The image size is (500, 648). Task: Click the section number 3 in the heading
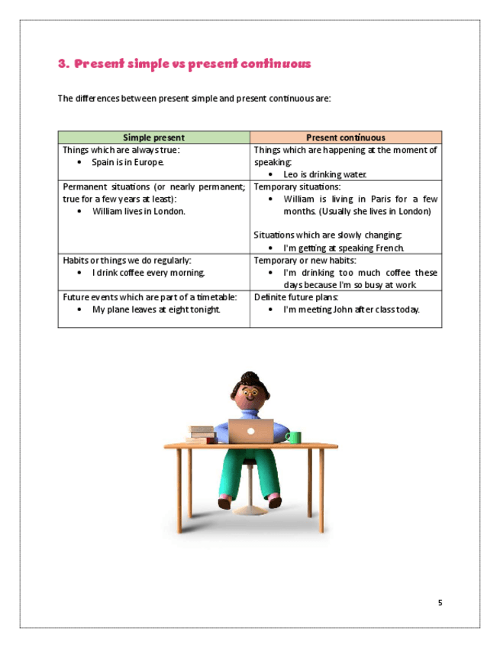(63, 64)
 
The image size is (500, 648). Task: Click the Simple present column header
(153, 138)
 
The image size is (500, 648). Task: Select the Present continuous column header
(345, 138)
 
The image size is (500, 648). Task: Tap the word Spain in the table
(103, 162)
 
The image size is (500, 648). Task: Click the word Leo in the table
(289, 174)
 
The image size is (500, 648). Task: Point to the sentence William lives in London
(138, 211)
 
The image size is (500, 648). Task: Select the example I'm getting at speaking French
(343, 248)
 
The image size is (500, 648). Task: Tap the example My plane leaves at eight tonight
(156, 309)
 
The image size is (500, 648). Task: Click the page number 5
(440, 603)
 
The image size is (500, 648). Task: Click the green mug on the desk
(293, 437)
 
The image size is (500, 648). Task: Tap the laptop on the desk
(251, 431)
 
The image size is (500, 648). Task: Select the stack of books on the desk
(201, 434)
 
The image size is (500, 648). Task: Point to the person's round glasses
(250, 399)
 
